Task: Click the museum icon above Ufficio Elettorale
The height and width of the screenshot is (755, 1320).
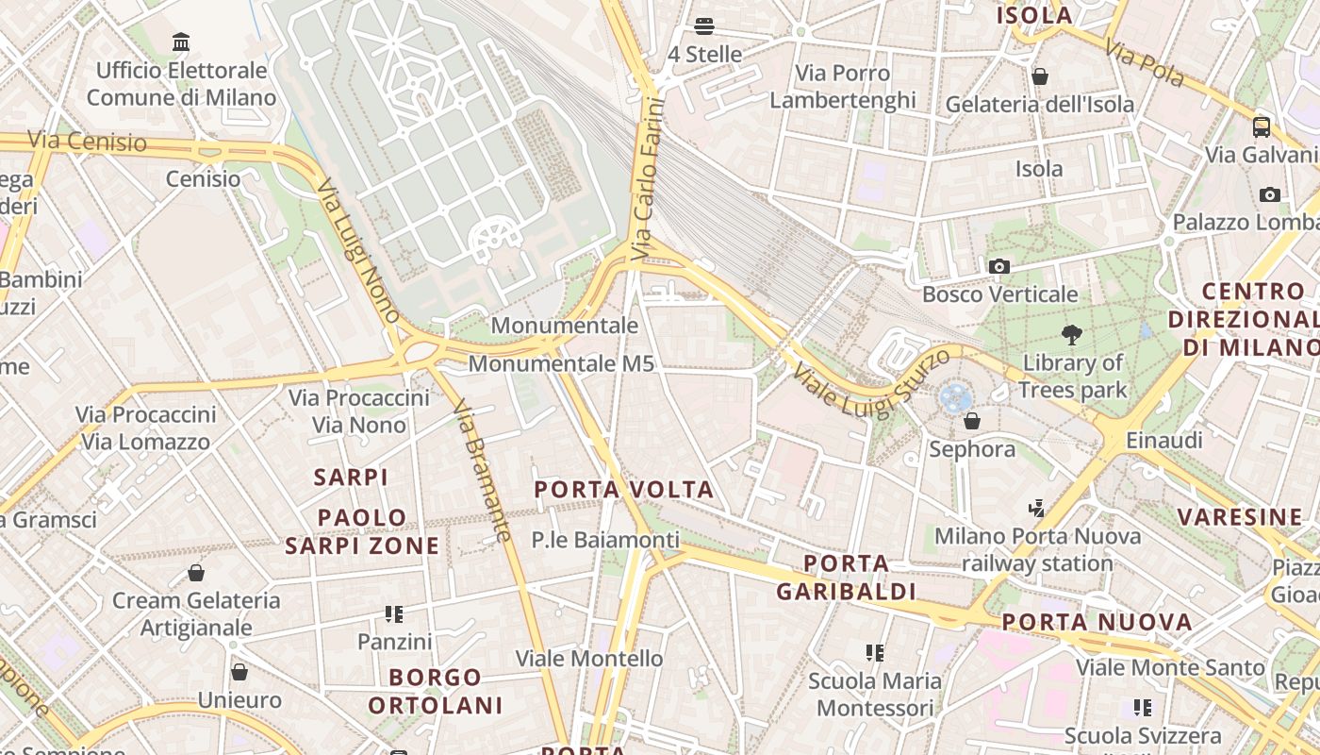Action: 181,42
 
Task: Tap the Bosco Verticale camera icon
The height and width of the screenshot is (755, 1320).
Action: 999,267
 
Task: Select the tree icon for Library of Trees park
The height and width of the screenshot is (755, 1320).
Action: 1071,334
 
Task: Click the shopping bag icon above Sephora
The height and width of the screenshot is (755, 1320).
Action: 972,421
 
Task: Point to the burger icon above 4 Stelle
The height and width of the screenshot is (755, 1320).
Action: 704,26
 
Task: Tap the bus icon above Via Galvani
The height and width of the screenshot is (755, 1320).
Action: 1262,127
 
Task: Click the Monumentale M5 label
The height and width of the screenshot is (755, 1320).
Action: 561,363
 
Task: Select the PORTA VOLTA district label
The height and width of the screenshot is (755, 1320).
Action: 624,490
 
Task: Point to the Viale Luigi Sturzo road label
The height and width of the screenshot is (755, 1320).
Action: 872,377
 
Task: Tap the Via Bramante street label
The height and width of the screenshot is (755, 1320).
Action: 482,471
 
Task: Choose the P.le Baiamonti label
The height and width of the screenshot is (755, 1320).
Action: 605,540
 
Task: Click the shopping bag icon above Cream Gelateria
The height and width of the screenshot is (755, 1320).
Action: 196,573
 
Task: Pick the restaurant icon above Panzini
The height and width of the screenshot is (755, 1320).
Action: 394,615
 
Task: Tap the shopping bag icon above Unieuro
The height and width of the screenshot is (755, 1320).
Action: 239,672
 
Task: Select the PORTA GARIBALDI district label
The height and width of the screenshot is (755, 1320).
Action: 846,578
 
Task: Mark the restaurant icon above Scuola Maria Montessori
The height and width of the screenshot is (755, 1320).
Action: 875,653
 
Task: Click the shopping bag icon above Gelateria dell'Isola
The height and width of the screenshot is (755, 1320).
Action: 1040,76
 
